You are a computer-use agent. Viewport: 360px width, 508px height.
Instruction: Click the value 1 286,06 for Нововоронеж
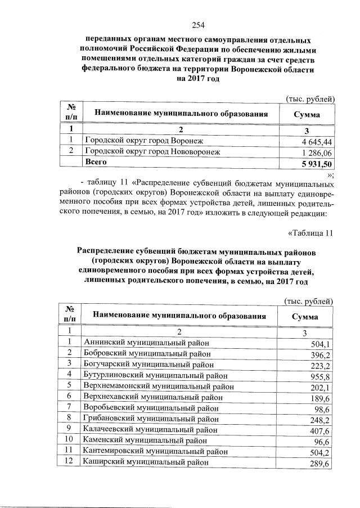coord(317,152)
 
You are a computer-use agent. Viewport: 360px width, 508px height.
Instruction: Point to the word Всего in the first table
coord(96,162)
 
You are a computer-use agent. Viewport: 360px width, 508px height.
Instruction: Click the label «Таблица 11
coord(310,232)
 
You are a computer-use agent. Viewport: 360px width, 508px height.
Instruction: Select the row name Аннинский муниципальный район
coord(145,343)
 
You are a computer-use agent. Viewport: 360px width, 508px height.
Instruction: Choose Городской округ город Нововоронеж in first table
coord(151,151)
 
